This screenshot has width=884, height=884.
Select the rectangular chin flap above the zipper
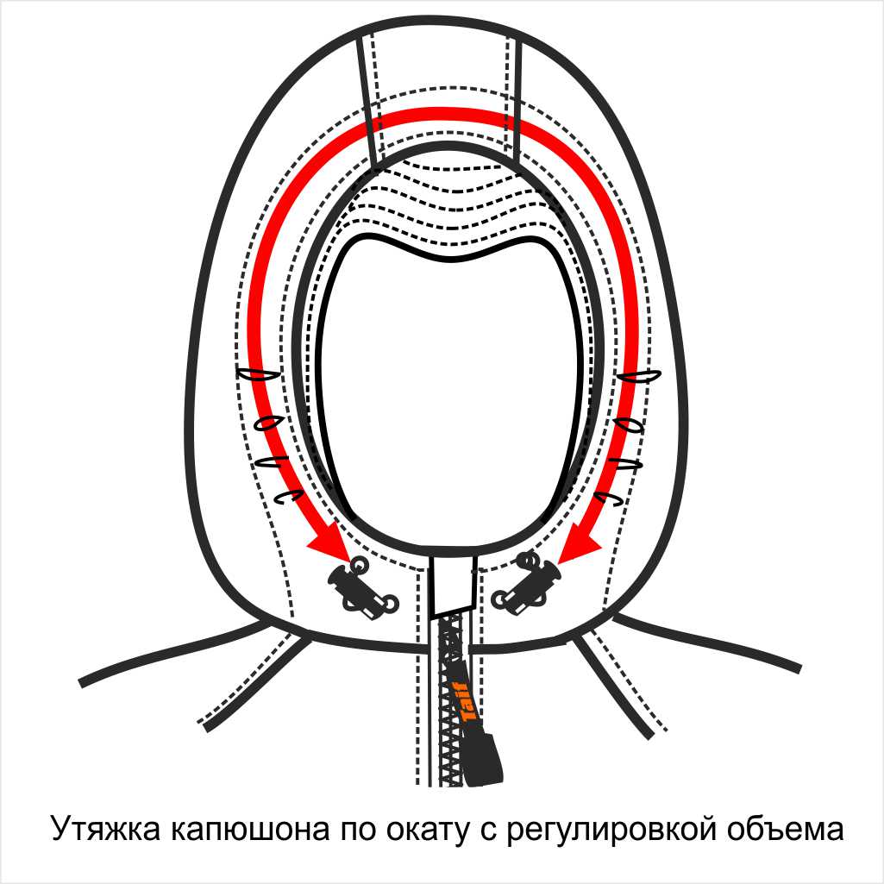click(454, 582)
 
